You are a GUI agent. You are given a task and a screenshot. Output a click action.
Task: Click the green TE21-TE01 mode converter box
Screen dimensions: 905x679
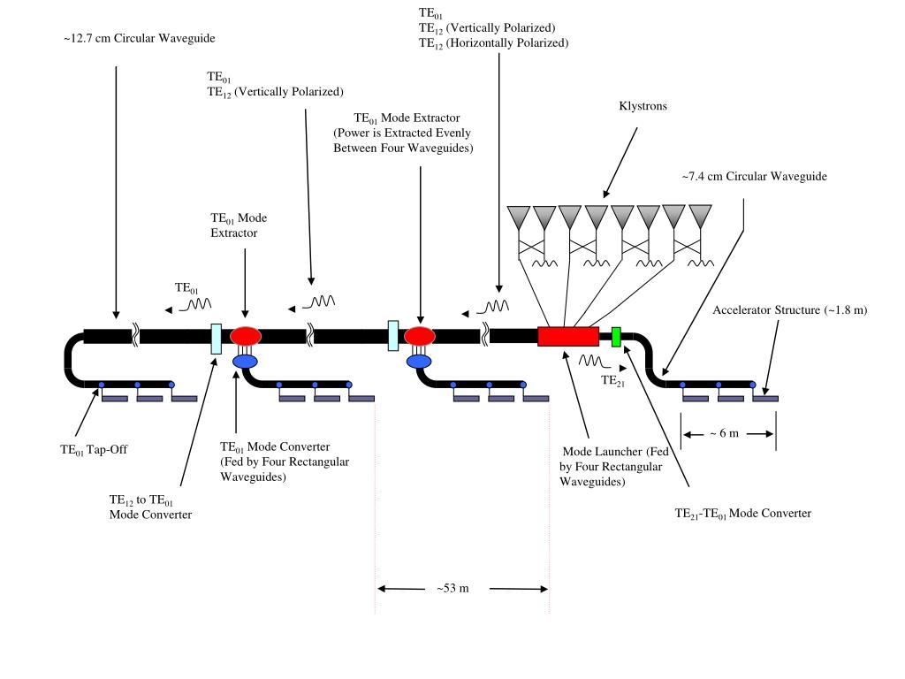[x=616, y=337]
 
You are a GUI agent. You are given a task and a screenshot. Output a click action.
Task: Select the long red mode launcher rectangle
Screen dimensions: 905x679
[x=568, y=337]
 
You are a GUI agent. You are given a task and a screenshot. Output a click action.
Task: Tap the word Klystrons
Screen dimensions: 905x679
[x=643, y=106]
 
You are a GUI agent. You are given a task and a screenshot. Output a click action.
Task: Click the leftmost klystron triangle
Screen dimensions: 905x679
[x=518, y=217]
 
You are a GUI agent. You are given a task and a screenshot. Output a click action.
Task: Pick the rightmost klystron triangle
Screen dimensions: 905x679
[x=700, y=216]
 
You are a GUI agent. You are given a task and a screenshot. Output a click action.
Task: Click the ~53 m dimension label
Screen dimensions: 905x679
[x=453, y=588]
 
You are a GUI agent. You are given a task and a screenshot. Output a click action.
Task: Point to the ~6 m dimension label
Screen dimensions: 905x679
[x=725, y=433]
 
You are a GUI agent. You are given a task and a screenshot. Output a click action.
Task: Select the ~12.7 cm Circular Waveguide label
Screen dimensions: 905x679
[x=139, y=39]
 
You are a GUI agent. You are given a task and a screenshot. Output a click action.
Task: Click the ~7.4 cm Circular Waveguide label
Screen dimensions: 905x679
[x=755, y=177]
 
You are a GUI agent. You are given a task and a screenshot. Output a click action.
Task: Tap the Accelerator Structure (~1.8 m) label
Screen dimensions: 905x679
[x=789, y=310]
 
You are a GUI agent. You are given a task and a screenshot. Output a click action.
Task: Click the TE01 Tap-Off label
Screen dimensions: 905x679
[x=94, y=450]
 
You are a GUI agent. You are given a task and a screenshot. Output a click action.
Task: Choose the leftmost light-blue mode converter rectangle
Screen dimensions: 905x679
[x=217, y=339]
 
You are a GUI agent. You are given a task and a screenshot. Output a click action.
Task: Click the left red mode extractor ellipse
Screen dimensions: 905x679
[x=246, y=335]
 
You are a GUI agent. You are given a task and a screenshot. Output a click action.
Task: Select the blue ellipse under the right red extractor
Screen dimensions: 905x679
[x=419, y=362]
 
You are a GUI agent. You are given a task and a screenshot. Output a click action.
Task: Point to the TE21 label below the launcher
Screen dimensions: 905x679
[x=612, y=380]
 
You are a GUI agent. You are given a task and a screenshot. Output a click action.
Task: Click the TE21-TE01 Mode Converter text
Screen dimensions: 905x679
[x=742, y=514]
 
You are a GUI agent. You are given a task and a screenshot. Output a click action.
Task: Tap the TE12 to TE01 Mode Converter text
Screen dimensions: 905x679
[x=150, y=507]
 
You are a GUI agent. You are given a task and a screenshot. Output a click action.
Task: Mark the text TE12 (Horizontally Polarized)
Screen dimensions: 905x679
[x=493, y=43]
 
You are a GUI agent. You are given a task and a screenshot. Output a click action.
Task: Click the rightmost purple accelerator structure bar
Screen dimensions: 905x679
[x=765, y=399]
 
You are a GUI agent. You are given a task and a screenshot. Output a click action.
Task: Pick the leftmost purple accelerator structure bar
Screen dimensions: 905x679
[x=115, y=399]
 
